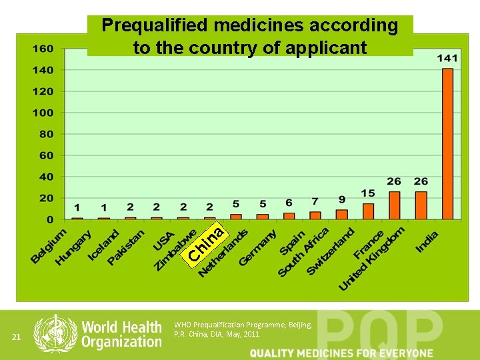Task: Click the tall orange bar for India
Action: tap(447, 143)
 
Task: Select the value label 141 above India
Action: tap(447, 59)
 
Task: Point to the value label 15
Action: tap(368, 193)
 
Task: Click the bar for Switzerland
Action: tap(341, 214)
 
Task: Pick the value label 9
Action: tap(341, 199)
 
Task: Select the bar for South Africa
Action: tap(315, 215)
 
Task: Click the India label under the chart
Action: tap(427, 242)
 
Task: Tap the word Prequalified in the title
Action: tap(155, 26)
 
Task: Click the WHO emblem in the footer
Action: tap(55, 333)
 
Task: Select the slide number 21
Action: tap(18, 338)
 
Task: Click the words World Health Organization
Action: tap(121, 334)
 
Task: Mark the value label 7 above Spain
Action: tap(315, 201)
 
